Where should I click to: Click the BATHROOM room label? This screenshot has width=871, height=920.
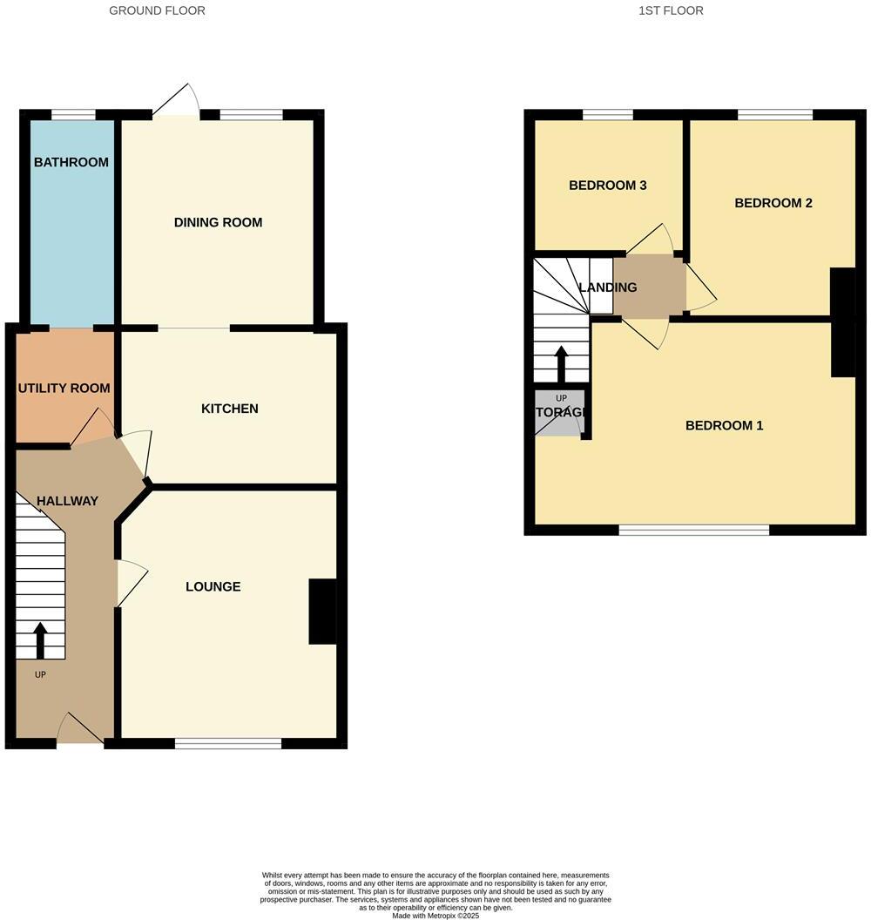point(71,162)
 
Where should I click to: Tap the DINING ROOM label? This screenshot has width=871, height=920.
point(218,222)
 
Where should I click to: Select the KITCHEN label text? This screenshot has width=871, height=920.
point(230,409)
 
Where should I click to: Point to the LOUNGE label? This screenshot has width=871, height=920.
point(213,586)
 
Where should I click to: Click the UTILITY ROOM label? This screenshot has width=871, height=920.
point(64,388)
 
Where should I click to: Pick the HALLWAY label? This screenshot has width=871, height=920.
point(67,501)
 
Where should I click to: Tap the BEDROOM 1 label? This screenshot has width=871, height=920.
point(724,425)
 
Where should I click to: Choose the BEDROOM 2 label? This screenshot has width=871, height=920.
point(773,203)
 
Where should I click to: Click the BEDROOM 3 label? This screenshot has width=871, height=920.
point(607,185)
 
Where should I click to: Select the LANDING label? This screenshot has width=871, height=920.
point(608,287)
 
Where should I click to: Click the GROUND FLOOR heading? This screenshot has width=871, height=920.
point(158,10)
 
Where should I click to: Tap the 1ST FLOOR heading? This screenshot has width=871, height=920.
point(671,10)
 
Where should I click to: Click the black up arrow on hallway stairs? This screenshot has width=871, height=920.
point(40,639)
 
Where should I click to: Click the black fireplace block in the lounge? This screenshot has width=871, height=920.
point(322,612)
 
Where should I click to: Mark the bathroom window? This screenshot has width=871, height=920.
point(73,114)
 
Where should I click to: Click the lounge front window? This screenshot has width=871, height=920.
point(228,743)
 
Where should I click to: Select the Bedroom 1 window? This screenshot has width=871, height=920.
point(694,530)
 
